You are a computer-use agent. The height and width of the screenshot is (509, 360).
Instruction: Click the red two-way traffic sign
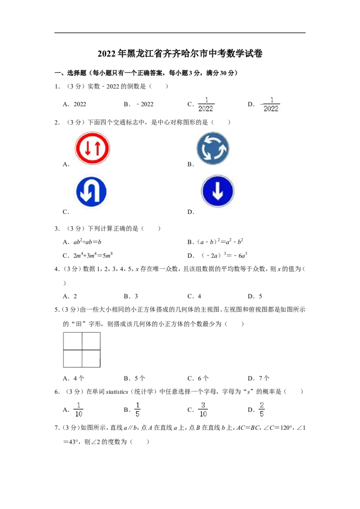tap(93, 148)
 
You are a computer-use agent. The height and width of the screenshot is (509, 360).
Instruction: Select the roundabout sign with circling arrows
tap(213, 148)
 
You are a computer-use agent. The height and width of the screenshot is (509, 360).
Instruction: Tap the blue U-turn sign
tap(91, 192)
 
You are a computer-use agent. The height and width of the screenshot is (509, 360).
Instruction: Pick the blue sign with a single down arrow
tap(218, 191)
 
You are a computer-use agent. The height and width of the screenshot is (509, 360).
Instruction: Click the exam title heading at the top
tap(180, 54)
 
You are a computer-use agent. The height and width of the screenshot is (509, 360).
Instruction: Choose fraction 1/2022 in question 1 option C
tap(206, 104)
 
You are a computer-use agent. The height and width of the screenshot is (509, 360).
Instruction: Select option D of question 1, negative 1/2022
tap(270, 104)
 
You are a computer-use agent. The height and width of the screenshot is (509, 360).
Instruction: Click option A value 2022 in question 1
tap(80, 104)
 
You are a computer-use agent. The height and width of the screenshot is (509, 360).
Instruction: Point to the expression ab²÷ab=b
tap(87, 242)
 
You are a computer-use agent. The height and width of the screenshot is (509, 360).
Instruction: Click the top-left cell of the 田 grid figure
tap(73, 341)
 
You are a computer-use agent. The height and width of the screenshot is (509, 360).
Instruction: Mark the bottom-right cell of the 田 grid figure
tap(91, 358)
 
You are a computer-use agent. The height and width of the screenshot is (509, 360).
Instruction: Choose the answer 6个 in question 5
tap(203, 378)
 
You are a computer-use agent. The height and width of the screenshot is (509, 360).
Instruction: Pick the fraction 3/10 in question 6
tap(203, 410)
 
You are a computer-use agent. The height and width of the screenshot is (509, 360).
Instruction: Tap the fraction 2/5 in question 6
tap(261, 410)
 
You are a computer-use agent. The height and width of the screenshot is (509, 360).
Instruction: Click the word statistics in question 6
tap(117, 392)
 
